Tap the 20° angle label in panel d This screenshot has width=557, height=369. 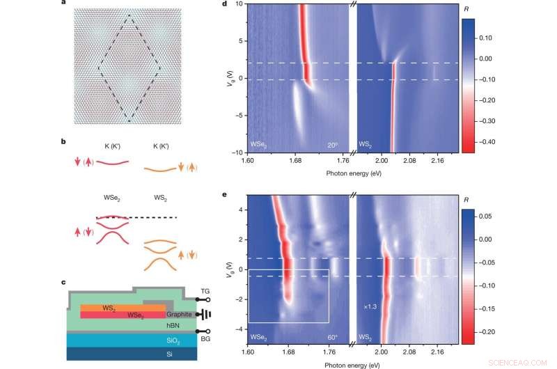(333, 146)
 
